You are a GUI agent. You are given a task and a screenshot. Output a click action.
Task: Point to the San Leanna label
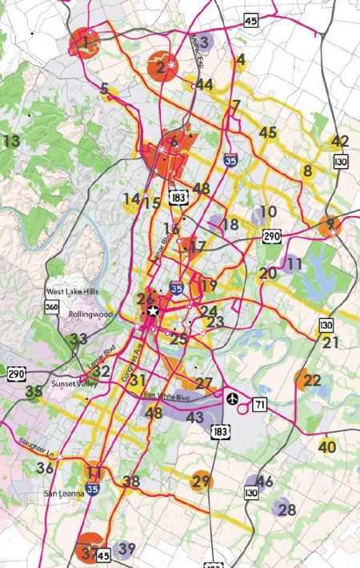pyautogui.click(x=64, y=494)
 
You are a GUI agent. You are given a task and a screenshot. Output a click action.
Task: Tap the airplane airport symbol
pyautogui.click(x=233, y=398)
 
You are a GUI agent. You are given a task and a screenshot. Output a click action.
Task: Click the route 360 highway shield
pyautogui.click(x=50, y=309)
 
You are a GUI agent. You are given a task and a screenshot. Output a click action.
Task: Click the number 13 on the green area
pyautogui.click(x=11, y=142)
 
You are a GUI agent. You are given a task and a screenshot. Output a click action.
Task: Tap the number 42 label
pyautogui.click(x=340, y=142)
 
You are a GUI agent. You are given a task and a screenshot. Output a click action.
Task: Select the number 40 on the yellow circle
pyautogui.click(x=326, y=446)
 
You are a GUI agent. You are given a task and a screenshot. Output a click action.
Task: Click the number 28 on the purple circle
pyautogui.click(x=286, y=510)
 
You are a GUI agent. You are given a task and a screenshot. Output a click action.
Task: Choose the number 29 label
pyautogui.click(x=202, y=481)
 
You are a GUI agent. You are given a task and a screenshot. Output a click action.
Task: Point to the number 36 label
pyautogui.click(x=45, y=468)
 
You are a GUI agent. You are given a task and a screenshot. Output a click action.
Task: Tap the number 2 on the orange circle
pyautogui.click(x=161, y=69)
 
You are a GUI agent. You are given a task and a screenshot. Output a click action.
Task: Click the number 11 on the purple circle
pyautogui.click(x=294, y=262)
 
